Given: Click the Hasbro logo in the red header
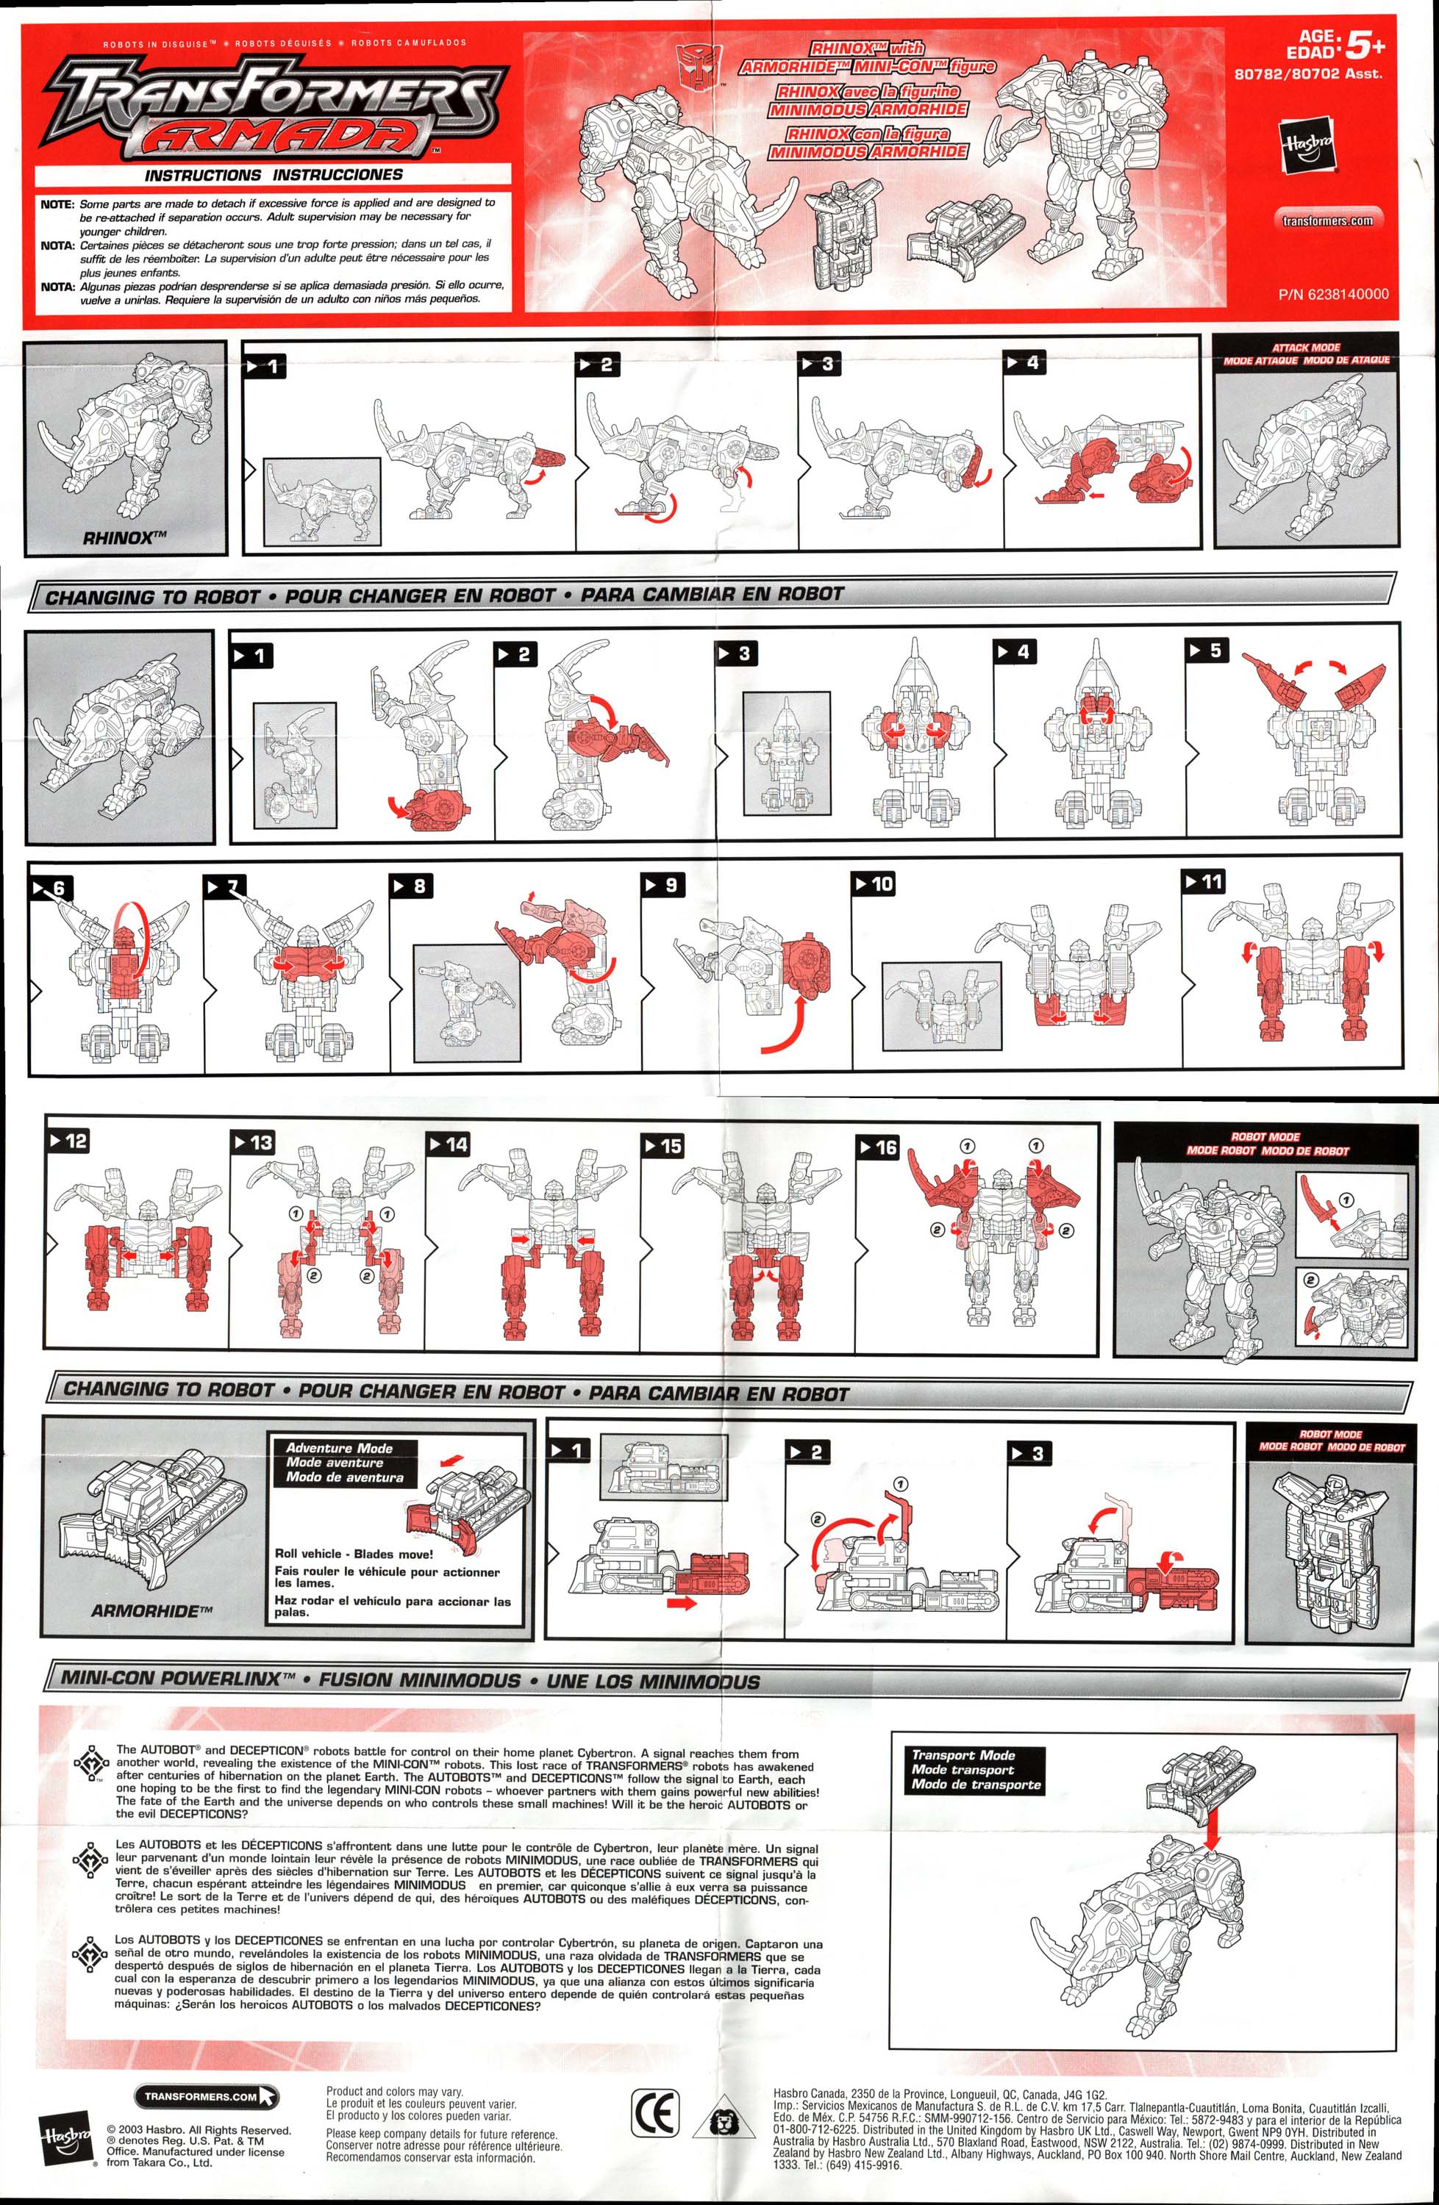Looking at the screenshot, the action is click(1307, 145).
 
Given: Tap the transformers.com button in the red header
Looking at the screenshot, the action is click(1327, 220).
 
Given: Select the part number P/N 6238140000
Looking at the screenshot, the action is click(1333, 294).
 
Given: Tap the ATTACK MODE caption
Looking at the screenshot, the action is click(1306, 348).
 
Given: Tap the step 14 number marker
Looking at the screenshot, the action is click(448, 1143).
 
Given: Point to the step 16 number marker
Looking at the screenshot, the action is click(879, 1147).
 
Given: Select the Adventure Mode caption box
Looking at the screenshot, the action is click(344, 1462).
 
